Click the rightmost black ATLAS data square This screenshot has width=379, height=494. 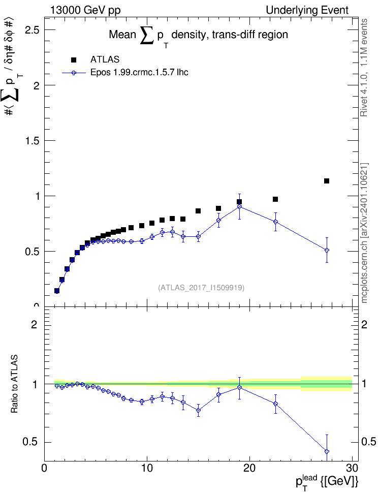pyautogui.click(x=327, y=181)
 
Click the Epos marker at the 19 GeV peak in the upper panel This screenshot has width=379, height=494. pyautogui.click(x=239, y=206)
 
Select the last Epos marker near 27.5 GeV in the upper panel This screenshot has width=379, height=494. pyautogui.click(x=327, y=250)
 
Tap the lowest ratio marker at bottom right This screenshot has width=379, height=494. pyautogui.click(x=327, y=451)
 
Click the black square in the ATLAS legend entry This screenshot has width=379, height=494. pyautogui.click(x=74, y=60)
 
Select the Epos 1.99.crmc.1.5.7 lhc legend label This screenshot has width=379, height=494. pyautogui.click(x=139, y=73)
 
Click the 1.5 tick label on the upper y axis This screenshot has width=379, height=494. pyautogui.click(x=33, y=140)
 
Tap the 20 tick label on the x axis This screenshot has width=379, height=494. pyautogui.click(x=249, y=468)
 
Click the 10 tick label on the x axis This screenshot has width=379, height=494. pyautogui.click(x=147, y=468)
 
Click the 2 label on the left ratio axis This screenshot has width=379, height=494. pyautogui.click(x=34, y=324)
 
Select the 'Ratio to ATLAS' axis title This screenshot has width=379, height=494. pyautogui.click(x=14, y=384)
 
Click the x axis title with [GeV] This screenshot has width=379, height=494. pyautogui.click(x=327, y=481)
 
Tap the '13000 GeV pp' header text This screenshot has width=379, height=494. pyautogui.click(x=85, y=10)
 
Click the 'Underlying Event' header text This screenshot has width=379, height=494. pyautogui.click(x=307, y=10)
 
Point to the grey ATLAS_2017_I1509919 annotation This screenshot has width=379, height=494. pyautogui.click(x=201, y=287)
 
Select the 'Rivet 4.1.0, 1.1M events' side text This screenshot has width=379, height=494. pyautogui.click(x=364, y=68)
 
